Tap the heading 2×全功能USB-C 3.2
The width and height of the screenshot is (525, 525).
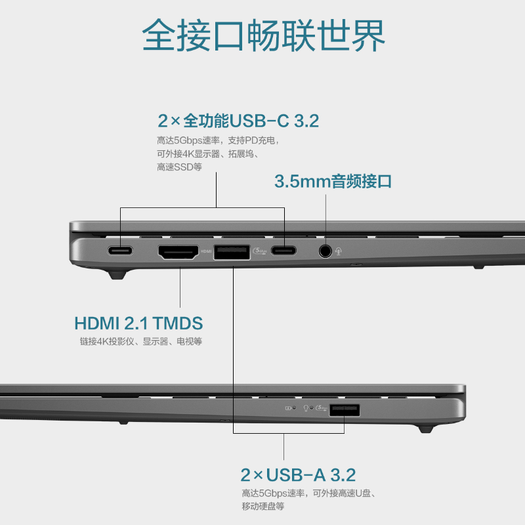click(x=238, y=121)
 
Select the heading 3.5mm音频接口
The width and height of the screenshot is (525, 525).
click(x=333, y=181)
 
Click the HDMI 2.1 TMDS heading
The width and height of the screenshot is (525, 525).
click(x=138, y=323)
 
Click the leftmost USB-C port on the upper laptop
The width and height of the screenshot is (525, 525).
click(x=120, y=251)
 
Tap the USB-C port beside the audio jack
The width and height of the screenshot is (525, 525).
click(x=283, y=251)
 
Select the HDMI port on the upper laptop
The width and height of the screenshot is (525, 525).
click(x=178, y=251)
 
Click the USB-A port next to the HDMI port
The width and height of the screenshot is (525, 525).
click(x=231, y=251)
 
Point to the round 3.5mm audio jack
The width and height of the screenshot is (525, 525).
click(x=325, y=251)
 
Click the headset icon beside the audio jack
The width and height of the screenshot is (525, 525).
click(x=339, y=251)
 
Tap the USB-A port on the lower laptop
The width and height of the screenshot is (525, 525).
click(x=345, y=410)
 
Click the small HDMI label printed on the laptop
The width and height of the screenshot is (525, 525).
click(x=206, y=251)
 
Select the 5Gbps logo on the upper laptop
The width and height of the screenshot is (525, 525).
click(x=259, y=251)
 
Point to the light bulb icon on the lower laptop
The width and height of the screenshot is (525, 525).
click(x=306, y=408)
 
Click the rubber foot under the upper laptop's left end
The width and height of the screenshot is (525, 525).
click(x=117, y=274)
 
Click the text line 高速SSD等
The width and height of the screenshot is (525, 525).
click(x=179, y=167)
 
